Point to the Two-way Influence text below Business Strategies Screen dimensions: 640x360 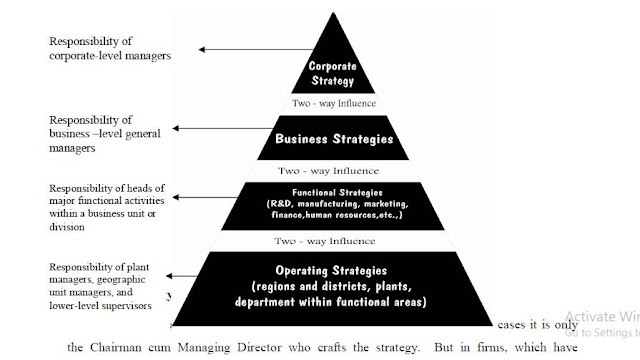pyautogui.click(x=327, y=169)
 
